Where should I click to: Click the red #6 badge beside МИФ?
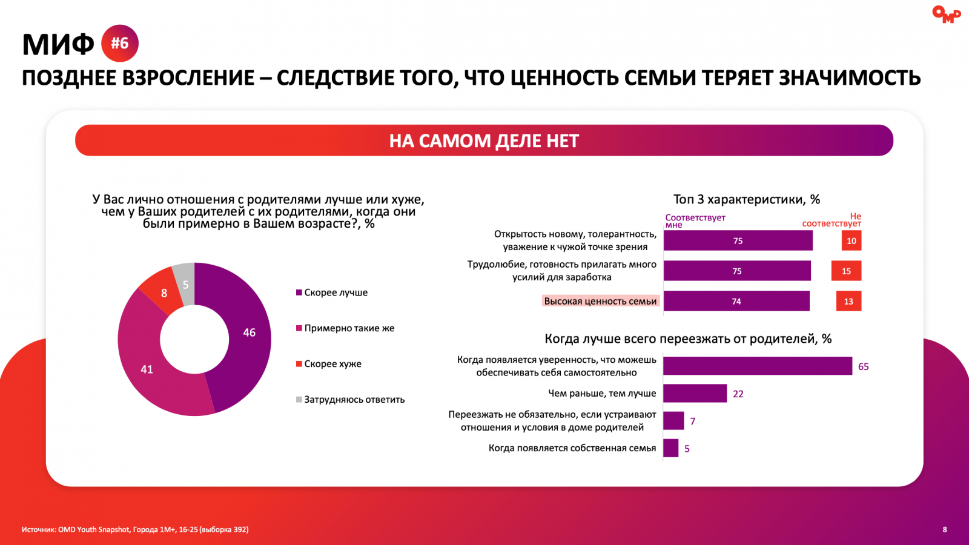pos(120,44)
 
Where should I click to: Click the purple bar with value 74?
pos(736,301)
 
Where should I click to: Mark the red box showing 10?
pos(851,241)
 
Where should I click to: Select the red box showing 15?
pos(846,271)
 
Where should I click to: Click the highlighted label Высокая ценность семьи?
pos(600,301)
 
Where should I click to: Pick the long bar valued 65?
pos(757,366)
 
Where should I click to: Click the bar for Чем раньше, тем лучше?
pos(695,394)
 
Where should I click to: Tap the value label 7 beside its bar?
pos(693,421)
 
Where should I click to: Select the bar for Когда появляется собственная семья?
pos(670,448)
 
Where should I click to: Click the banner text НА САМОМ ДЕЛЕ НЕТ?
pos(484,140)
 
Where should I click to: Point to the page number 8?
pos(945,529)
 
